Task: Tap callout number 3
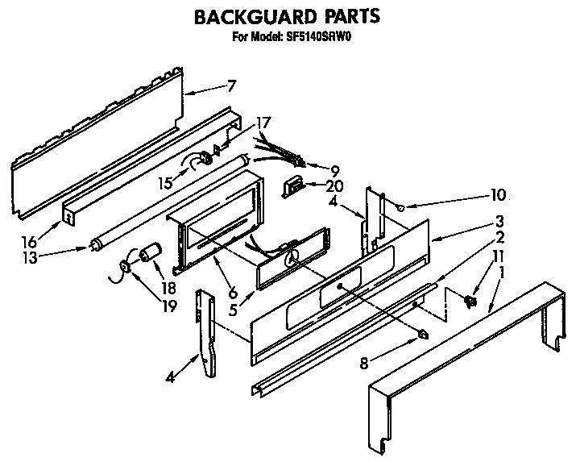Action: [x=500, y=221]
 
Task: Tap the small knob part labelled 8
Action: [x=422, y=334]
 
